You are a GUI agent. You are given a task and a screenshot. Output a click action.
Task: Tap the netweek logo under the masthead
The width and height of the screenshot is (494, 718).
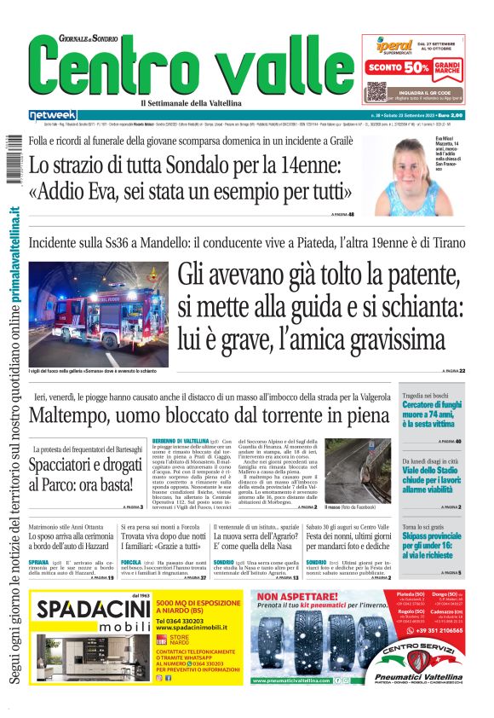[53, 115]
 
